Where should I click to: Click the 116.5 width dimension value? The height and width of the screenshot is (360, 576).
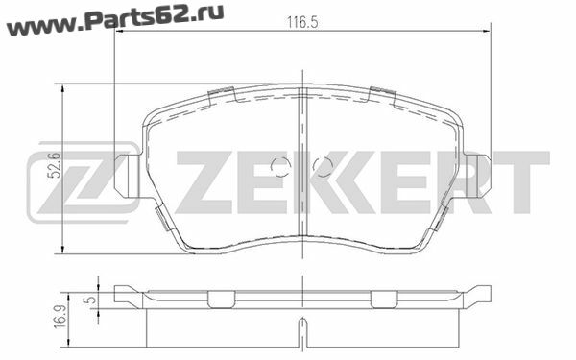point(302,23)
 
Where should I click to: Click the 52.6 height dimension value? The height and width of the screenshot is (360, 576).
point(56,165)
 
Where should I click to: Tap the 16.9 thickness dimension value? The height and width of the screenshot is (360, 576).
point(61,317)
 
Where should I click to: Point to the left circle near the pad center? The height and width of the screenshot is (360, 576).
point(280,167)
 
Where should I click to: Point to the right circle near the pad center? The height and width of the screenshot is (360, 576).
point(323,167)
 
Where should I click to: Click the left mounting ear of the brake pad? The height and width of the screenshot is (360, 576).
point(127,176)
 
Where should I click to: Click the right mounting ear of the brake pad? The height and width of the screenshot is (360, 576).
point(477,176)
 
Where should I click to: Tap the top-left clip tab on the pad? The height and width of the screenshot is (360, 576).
point(222,95)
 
